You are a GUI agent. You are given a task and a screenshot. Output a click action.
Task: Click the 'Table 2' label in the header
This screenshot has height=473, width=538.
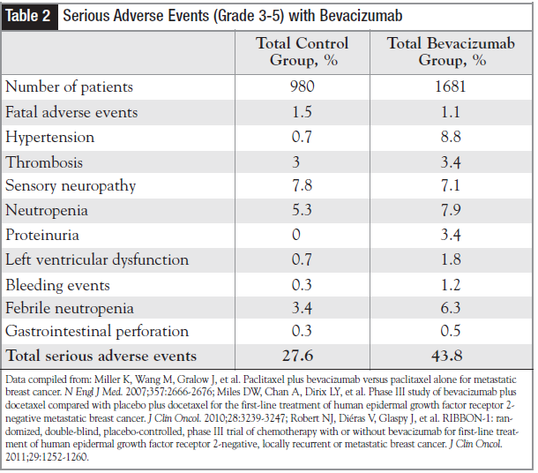tap(31, 16)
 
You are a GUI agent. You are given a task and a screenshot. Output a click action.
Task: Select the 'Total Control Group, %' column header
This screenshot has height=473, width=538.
tap(302, 52)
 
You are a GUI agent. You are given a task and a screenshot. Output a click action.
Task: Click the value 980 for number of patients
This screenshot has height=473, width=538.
tap(302, 87)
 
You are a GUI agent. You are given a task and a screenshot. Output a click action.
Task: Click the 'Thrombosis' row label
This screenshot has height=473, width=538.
tap(43, 162)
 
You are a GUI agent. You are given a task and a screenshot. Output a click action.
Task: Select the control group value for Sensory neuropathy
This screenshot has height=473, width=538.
tap(302, 186)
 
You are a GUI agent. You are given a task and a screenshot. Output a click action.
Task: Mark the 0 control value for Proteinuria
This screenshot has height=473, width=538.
tap(302, 235)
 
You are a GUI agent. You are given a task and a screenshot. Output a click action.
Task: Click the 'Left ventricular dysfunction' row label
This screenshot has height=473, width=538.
tap(97, 259)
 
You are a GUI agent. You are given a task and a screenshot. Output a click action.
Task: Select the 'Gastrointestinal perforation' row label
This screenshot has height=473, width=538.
tap(97, 332)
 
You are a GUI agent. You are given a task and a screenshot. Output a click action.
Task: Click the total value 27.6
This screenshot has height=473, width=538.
tap(302, 357)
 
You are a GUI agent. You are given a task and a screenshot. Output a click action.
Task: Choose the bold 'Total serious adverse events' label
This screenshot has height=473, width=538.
tap(101, 357)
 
